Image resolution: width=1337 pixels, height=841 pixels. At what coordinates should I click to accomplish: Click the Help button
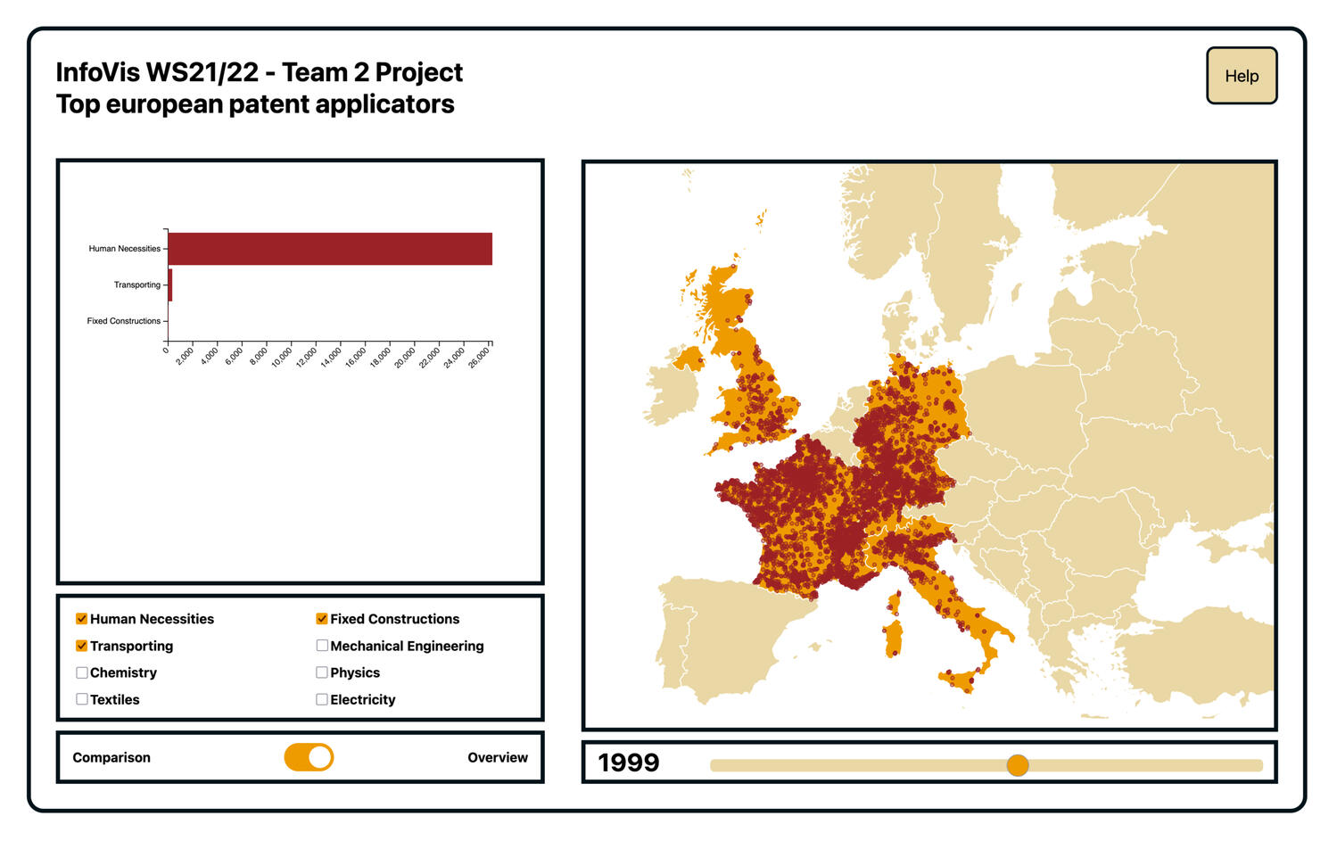pos(1241,76)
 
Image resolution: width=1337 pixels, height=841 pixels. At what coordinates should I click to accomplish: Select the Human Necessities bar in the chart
pos(329,249)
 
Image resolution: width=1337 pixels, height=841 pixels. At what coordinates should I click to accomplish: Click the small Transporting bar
pos(169,285)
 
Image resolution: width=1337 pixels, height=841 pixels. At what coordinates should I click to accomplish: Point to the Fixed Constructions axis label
pos(123,321)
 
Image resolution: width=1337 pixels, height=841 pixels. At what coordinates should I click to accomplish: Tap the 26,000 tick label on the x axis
pos(480,358)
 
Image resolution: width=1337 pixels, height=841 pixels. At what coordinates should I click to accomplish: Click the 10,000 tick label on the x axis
pos(282,358)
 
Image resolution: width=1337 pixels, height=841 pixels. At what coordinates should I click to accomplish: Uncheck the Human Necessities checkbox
pos(82,619)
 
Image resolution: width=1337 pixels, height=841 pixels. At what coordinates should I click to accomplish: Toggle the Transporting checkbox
pos(82,646)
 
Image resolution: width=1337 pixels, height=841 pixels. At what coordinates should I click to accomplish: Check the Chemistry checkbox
pos(82,672)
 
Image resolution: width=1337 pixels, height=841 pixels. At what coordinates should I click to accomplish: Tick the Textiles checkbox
pos(82,699)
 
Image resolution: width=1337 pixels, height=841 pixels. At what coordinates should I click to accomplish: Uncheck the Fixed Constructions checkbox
pos(322,619)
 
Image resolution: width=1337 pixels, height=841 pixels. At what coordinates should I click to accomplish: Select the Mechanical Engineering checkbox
pos(322,646)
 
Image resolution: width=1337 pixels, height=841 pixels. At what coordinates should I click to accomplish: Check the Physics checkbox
pos(322,672)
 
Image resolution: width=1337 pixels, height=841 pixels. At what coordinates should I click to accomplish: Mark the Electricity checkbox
pos(322,699)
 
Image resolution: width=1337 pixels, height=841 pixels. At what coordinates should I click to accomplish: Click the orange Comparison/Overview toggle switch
pos(309,757)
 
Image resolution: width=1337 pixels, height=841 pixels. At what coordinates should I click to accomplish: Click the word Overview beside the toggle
pos(497,757)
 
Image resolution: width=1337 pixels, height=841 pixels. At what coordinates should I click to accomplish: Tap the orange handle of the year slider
pos(1018,764)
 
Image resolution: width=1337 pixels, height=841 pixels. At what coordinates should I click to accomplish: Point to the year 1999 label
pos(629,763)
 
